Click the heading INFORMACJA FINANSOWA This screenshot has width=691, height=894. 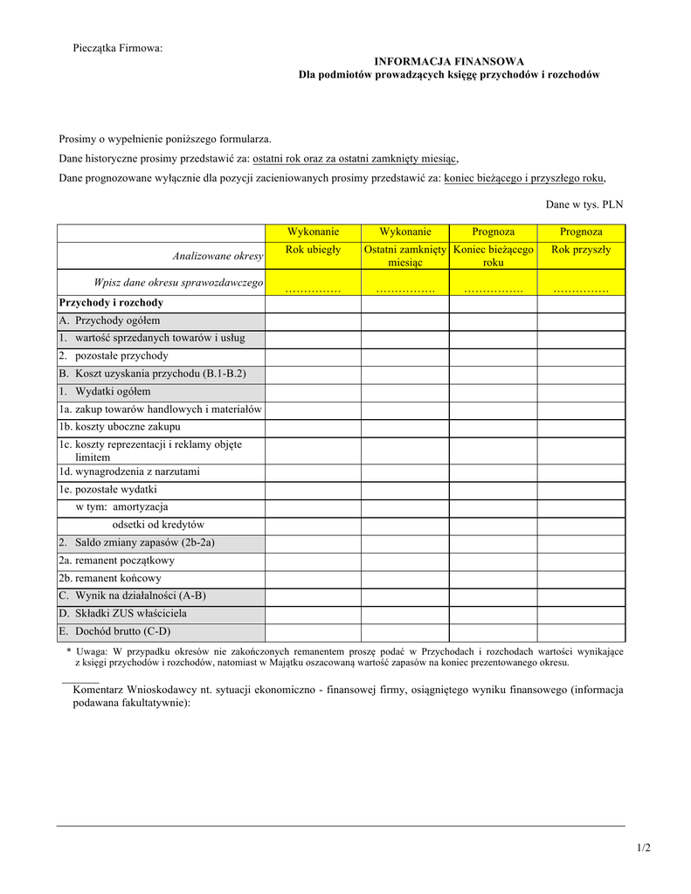click(449, 61)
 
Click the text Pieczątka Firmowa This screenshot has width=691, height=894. click(117, 47)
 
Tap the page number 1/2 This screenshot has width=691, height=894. click(644, 848)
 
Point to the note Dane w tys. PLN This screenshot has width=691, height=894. click(584, 204)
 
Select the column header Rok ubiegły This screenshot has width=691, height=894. click(313, 250)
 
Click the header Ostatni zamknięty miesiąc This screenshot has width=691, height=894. click(405, 256)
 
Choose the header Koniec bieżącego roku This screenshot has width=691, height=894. click(493, 256)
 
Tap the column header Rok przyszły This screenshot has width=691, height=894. click(581, 250)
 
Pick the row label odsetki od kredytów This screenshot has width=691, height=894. click(158, 525)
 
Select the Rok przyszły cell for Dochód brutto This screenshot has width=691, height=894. click(581, 632)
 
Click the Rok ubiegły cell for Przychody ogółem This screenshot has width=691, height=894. click(313, 321)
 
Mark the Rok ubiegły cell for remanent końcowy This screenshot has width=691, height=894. click(313, 579)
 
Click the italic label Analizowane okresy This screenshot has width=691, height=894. click(218, 256)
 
